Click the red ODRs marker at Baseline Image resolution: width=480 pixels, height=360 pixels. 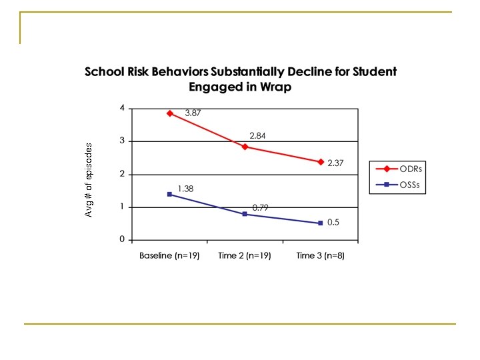pyautogui.click(x=170, y=113)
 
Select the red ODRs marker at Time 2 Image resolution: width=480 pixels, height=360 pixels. pyautogui.click(x=245, y=147)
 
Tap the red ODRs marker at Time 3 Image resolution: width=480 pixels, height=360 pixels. pyautogui.click(x=321, y=162)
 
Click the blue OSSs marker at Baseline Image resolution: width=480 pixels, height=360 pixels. pyautogui.click(x=170, y=194)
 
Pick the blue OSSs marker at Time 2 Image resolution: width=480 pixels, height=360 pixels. pyautogui.click(x=245, y=214)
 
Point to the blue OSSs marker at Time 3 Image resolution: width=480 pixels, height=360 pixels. pyautogui.click(x=321, y=223)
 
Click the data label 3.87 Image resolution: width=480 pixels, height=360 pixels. pyautogui.click(x=193, y=113)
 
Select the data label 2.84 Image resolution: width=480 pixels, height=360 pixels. pyautogui.click(x=259, y=135)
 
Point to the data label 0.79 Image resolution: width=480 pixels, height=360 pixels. pyautogui.click(x=261, y=207)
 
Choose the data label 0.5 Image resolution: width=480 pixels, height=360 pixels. pyautogui.click(x=333, y=222)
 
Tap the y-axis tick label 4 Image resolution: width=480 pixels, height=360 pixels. pyautogui.click(x=122, y=108)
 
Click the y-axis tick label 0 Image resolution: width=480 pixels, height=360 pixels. pyautogui.click(x=122, y=239)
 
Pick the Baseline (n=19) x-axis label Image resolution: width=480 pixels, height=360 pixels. pyautogui.click(x=169, y=256)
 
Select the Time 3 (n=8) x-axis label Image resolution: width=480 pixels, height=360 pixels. pyautogui.click(x=320, y=256)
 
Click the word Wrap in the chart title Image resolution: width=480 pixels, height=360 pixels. pyautogui.click(x=276, y=87)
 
